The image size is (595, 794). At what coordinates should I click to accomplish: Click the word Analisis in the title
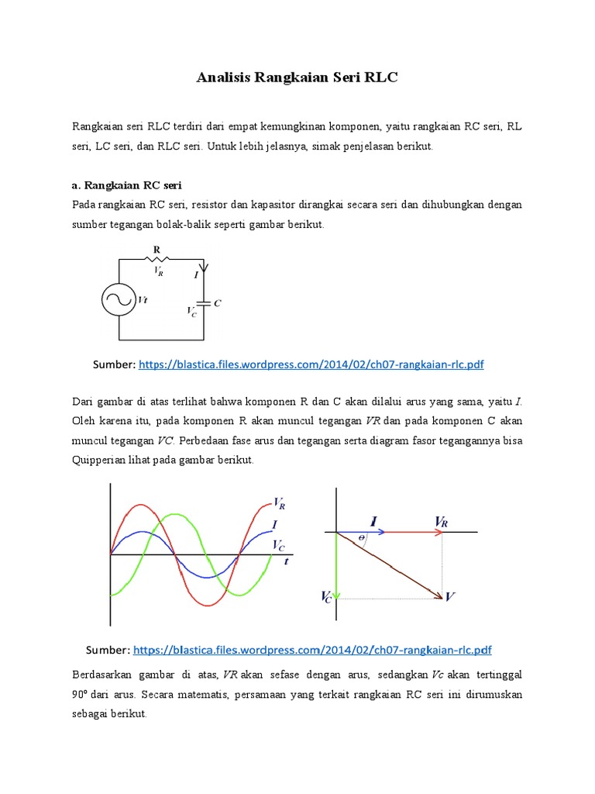coord(225,78)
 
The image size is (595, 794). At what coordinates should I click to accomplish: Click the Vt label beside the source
coord(143,299)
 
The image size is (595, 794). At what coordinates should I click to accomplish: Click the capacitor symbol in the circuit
coord(203,303)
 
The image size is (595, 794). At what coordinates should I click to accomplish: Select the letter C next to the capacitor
coord(218,303)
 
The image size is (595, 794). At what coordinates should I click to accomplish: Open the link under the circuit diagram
coord(311,364)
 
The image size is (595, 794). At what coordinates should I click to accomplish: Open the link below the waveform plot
coord(312,649)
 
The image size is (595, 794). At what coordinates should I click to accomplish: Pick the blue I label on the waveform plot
coord(277,526)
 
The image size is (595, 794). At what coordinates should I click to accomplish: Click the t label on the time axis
coord(287,561)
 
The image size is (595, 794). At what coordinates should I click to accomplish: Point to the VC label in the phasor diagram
coord(326,596)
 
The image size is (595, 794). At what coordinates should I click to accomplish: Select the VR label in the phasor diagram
coord(442,523)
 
